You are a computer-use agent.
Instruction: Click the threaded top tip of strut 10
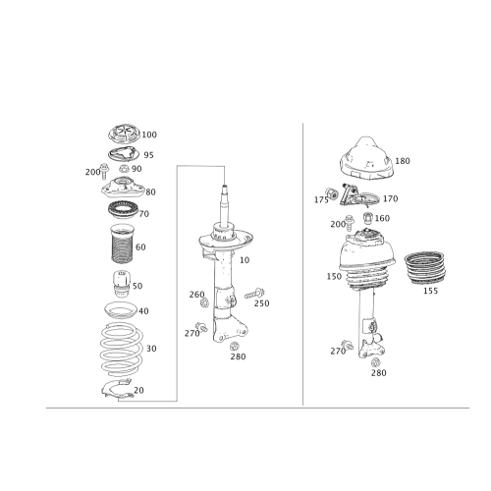[x=224, y=187]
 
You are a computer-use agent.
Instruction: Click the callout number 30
[x=151, y=349]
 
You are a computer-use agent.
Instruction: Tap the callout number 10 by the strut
[x=245, y=259]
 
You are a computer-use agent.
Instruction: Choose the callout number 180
[x=403, y=159]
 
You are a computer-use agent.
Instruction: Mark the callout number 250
[x=262, y=302]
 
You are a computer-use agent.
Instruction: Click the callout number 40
[x=144, y=312]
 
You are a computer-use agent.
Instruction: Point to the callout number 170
[x=392, y=198]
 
